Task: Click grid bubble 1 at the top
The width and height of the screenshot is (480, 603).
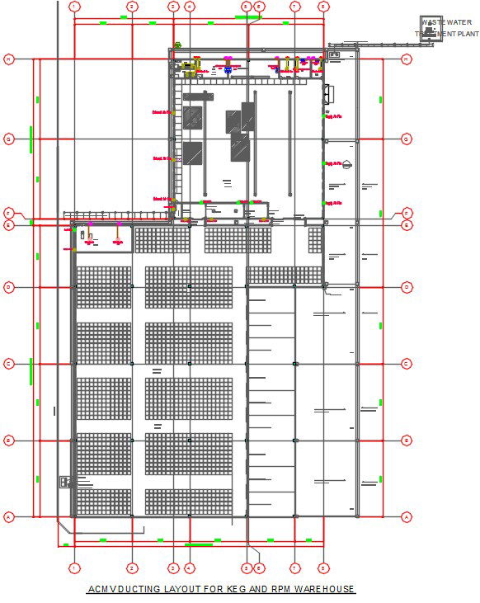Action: coord(74,7)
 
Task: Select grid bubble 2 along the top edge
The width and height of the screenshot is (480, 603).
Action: coord(131,7)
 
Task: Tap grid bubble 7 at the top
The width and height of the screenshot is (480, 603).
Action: coord(294,7)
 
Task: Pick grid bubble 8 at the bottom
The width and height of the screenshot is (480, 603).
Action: coord(323,568)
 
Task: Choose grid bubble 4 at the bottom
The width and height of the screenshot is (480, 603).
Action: coord(190,568)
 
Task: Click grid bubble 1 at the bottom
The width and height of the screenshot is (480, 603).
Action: coord(74,568)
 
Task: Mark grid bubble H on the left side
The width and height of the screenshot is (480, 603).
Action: coord(9,59)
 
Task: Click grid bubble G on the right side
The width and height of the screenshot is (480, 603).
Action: coord(406,139)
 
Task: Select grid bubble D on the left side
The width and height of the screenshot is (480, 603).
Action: coord(9,287)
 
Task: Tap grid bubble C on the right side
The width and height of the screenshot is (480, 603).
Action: coord(406,364)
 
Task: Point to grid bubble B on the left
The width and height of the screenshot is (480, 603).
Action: coord(9,440)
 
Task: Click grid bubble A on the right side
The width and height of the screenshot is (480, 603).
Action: coord(406,516)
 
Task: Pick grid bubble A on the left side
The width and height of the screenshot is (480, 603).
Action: coord(9,516)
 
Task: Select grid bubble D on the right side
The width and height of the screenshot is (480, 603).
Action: coord(406,287)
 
